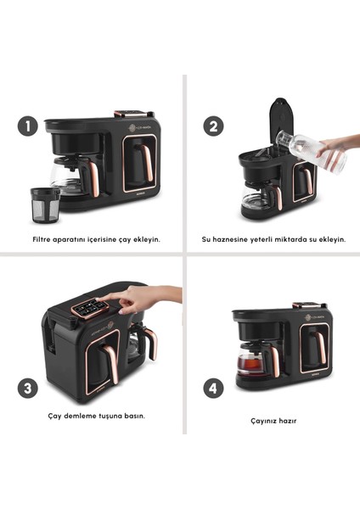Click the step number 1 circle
[x=28, y=127]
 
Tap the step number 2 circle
[x=214, y=127]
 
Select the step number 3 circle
[x=28, y=389]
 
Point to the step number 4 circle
[x=214, y=389]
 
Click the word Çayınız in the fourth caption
[x=253, y=418]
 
